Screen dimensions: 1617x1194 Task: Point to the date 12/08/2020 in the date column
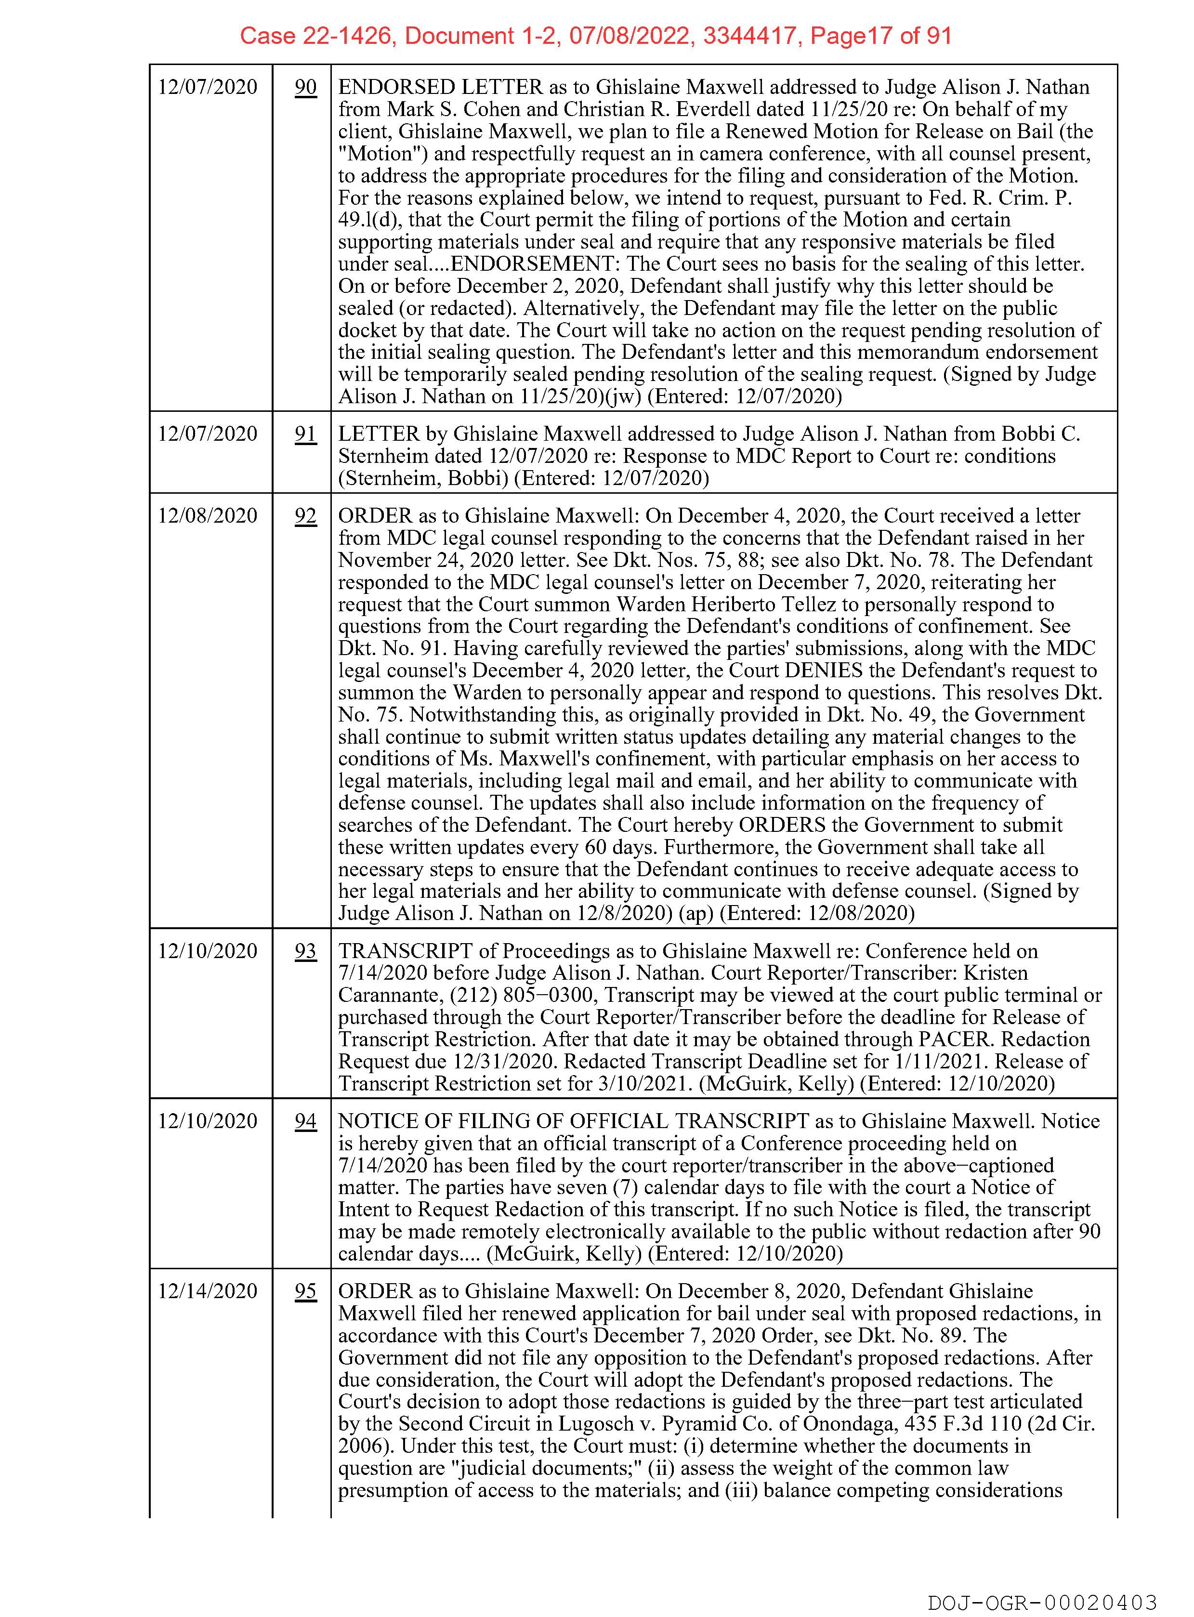coord(208,516)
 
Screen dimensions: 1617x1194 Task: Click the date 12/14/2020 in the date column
coord(208,1291)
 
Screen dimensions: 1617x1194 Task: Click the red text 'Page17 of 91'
coord(880,36)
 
